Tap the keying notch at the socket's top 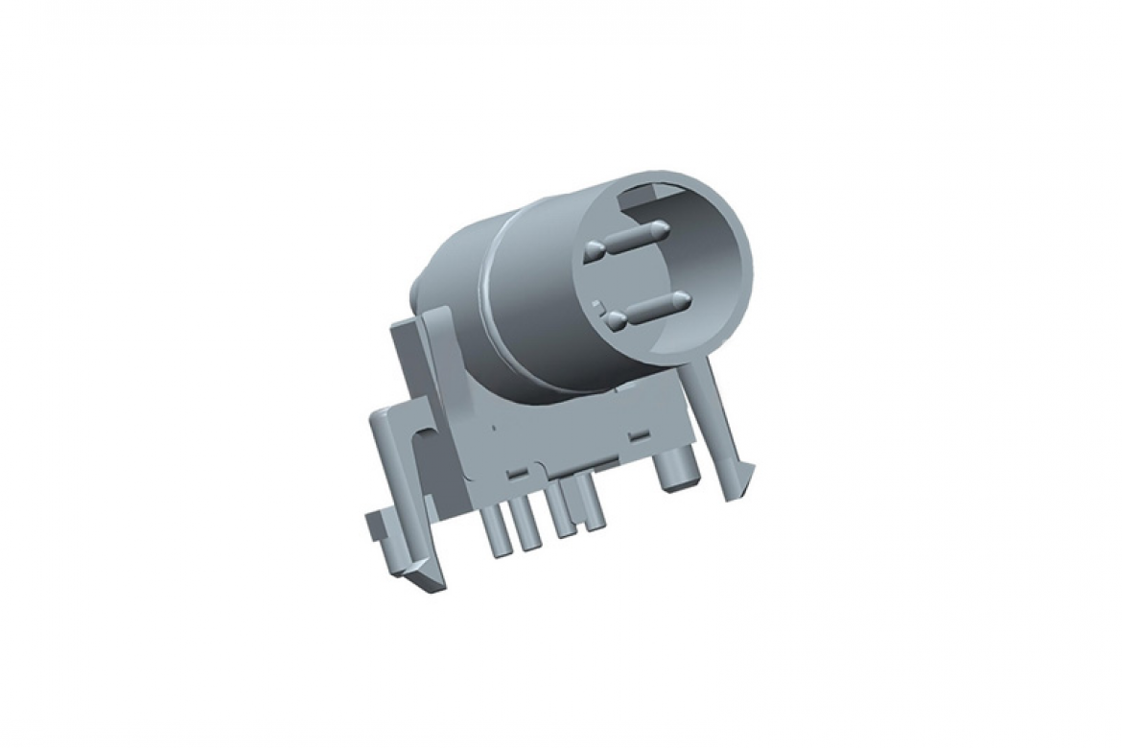[x=640, y=199]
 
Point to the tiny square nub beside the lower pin [x=598, y=305]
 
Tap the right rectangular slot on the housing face [x=634, y=437]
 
